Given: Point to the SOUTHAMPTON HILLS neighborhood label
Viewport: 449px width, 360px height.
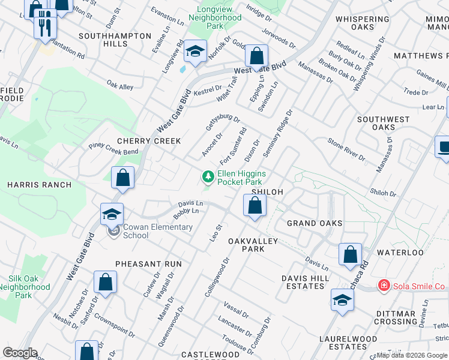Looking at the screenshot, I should pyautogui.click(x=117, y=40).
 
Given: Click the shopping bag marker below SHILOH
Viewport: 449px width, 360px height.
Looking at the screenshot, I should pyautogui.click(x=255, y=205).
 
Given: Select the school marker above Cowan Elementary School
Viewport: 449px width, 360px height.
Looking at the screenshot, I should pyautogui.click(x=112, y=214).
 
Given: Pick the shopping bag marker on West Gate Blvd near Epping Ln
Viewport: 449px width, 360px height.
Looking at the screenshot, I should pyautogui.click(x=256, y=57).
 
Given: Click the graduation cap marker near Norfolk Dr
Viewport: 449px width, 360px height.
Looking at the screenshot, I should pyautogui.click(x=195, y=52).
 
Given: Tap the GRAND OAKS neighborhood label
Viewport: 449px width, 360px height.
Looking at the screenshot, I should pyautogui.click(x=315, y=223).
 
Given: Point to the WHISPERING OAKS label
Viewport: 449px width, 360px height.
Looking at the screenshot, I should pyautogui.click(x=363, y=23).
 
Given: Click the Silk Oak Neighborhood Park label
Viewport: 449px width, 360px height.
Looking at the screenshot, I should pyautogui.click(x=28, y=287).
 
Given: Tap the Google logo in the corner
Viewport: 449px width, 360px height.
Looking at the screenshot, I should pyautogui.click(x=20, y=353).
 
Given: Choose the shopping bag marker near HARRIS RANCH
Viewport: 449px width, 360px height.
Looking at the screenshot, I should pyautogui.click(x=122, y=178).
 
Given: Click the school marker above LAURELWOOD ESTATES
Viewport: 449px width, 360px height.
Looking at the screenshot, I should pyautogui.click(x=342, y=300).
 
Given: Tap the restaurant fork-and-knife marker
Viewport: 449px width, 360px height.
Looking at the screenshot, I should pyautogui.click(x=45, y=26).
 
